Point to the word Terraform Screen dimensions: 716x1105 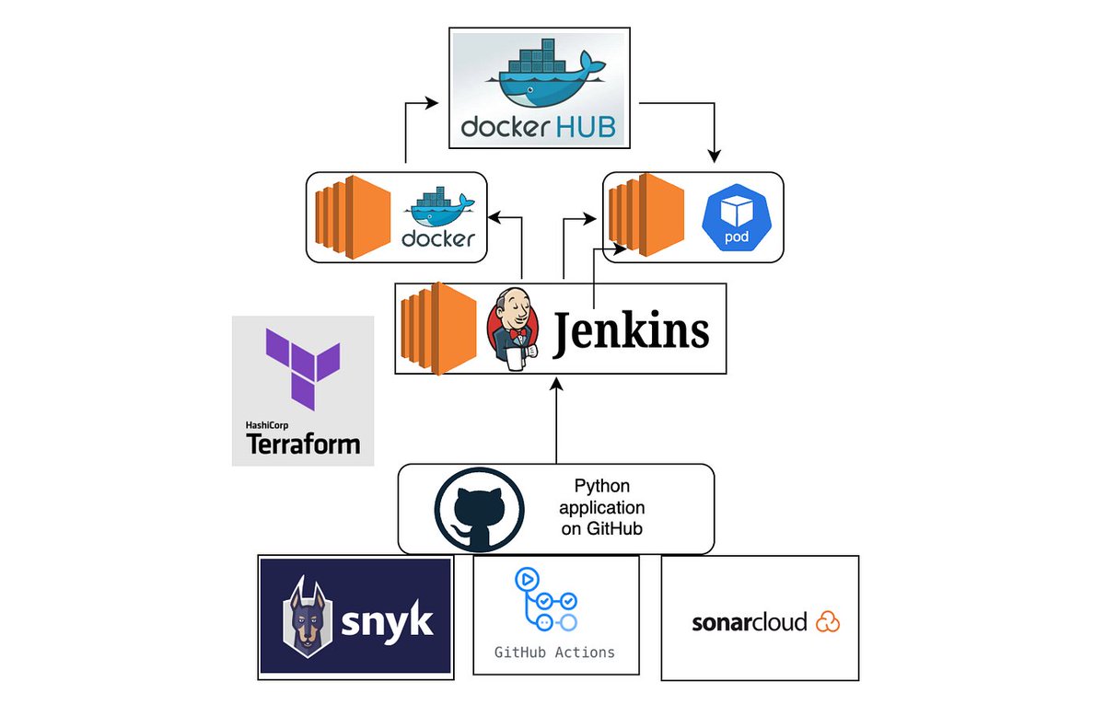pyautogui.click(x=302, y=445)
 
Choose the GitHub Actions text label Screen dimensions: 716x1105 pyautogui.click(x=554, y=652)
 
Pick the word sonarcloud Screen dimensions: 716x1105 pyautogui.click(x=749, y=622)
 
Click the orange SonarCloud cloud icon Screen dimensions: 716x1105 pyautogui.click(x=827, y=621)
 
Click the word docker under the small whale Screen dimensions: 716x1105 pyautogui.click(x=438, y=239)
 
